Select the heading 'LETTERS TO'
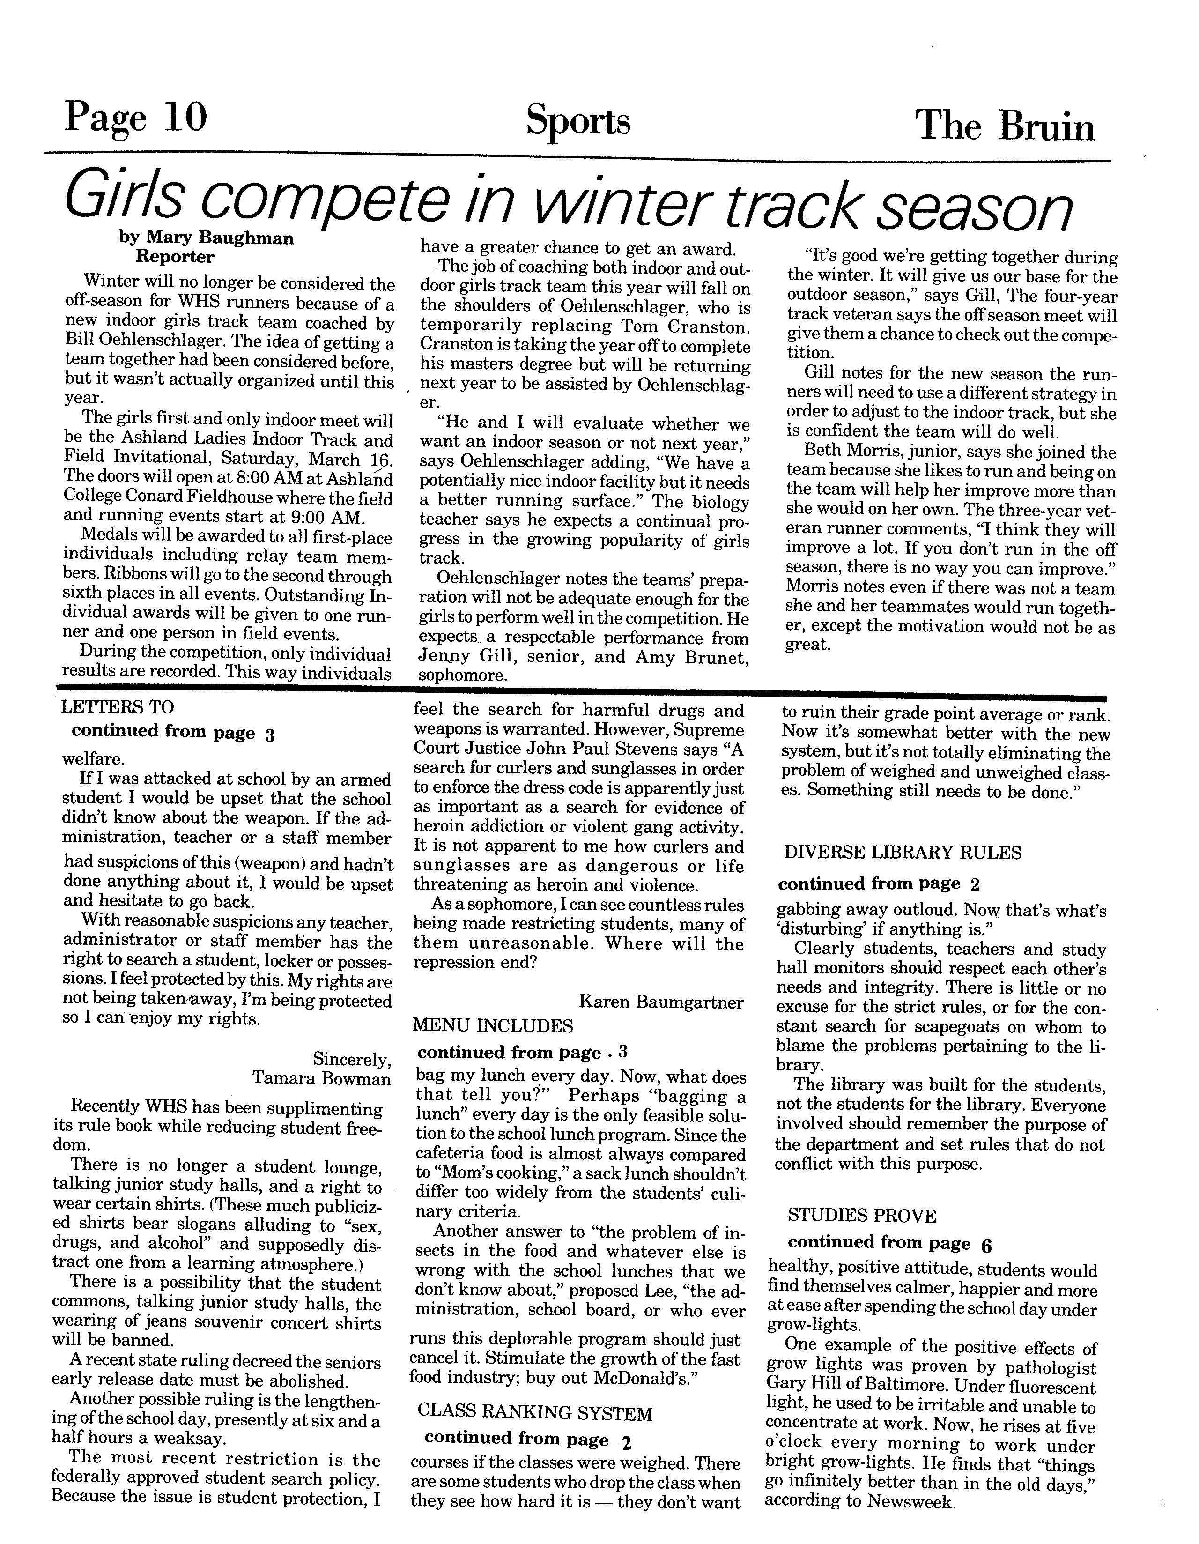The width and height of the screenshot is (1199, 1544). coord(118,707)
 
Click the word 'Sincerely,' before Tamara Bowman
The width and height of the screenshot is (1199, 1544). coord(351,1059)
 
